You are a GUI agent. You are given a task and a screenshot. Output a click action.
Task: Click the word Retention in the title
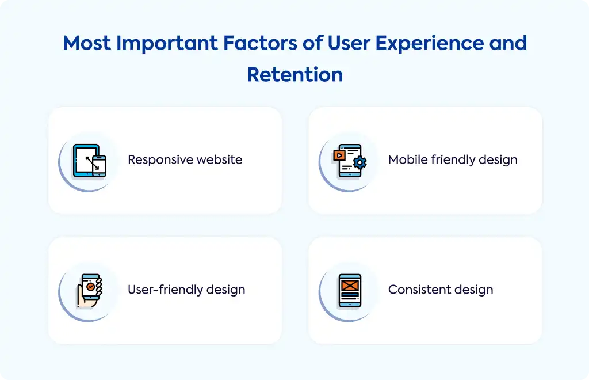coord(295,74)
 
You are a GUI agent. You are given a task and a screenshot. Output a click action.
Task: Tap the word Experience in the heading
coord(429,43)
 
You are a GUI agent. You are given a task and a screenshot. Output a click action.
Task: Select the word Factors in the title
coord(261,43)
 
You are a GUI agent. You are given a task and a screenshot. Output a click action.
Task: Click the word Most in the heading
coord(87,43)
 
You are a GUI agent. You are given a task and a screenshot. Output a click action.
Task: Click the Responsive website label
coord(185,159)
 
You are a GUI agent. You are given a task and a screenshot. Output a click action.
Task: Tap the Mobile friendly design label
coord(453,159)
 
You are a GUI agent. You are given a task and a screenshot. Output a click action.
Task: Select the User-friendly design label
coord(186,290)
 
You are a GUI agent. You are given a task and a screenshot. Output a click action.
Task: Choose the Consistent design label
coord(441,290)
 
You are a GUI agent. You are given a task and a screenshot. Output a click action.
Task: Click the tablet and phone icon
coord(89,161)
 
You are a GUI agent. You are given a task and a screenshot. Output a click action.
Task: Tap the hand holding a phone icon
coord(89,291)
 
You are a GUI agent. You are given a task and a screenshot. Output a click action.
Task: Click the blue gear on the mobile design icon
coord(360,162)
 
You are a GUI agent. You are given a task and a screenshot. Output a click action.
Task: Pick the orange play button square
coord(339,155)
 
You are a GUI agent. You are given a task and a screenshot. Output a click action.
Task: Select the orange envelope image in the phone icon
coord(350,286)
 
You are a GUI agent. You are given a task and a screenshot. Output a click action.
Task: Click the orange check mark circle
coord(90,287)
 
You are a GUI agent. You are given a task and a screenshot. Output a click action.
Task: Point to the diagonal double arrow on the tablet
coord(92,163)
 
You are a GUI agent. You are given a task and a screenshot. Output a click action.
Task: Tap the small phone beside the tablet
coord(99,166)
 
